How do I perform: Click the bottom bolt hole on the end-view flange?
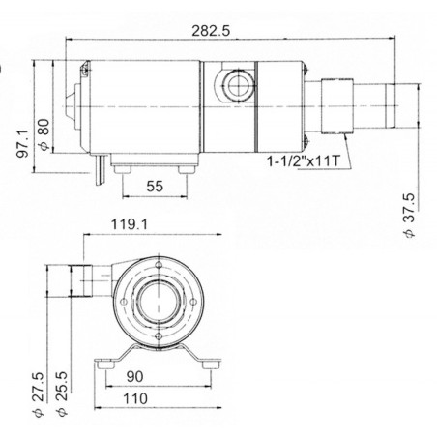point(155,340)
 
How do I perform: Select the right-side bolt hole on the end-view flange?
point(193,302)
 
